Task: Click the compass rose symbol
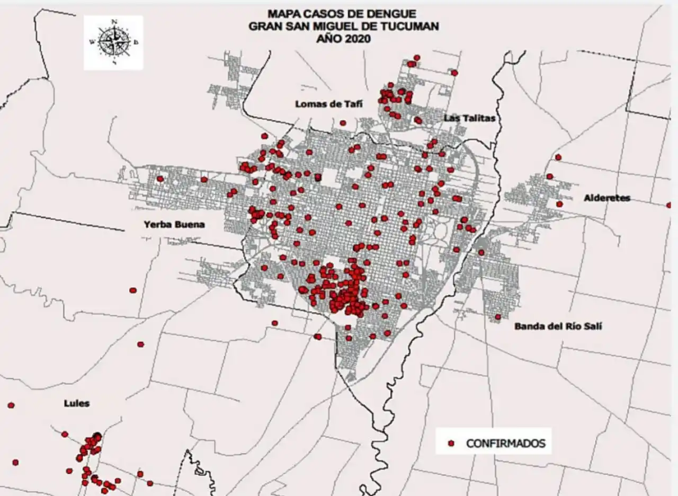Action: (x=114, y=42)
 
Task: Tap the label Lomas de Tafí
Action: (x=328, y=104)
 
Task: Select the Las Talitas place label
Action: (x=470, y=118)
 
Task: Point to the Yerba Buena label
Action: (x=174, y=225)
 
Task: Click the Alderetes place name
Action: (x=607, y=198)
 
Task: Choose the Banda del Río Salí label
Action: (x=558, y=326)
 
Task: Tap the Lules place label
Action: (x=77, y=404)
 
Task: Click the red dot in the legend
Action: (x=451, y=443)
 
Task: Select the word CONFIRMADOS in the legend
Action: (x=505, y=444)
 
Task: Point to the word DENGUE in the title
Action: (x=393, y=14)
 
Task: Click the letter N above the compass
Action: (x=114, y=22)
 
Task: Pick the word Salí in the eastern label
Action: (x=592, y=326)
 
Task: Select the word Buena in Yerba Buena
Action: (x=190, y=225)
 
